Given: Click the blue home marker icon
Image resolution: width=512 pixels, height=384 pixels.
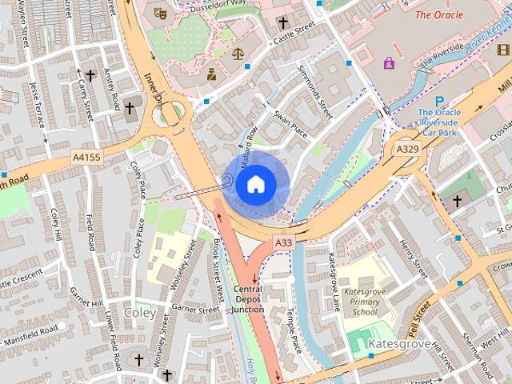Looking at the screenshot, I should [255, 184].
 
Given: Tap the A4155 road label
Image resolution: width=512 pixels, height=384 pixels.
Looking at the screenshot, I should [86, 158].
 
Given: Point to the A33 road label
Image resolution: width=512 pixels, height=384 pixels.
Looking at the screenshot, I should [284, 242].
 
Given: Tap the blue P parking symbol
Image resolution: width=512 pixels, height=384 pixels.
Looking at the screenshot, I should [439, 101].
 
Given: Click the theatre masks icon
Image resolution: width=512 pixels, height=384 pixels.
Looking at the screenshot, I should [159, 14].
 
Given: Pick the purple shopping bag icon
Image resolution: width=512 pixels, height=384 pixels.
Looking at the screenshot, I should [389, 62].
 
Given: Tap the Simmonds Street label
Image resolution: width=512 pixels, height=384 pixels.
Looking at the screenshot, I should [314, 98].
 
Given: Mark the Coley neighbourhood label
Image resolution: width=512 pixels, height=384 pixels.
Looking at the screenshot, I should [140, 312].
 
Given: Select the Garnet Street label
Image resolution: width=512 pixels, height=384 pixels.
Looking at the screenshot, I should [195, 309].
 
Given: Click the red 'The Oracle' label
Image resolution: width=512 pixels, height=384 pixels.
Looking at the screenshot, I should [438, 14].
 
